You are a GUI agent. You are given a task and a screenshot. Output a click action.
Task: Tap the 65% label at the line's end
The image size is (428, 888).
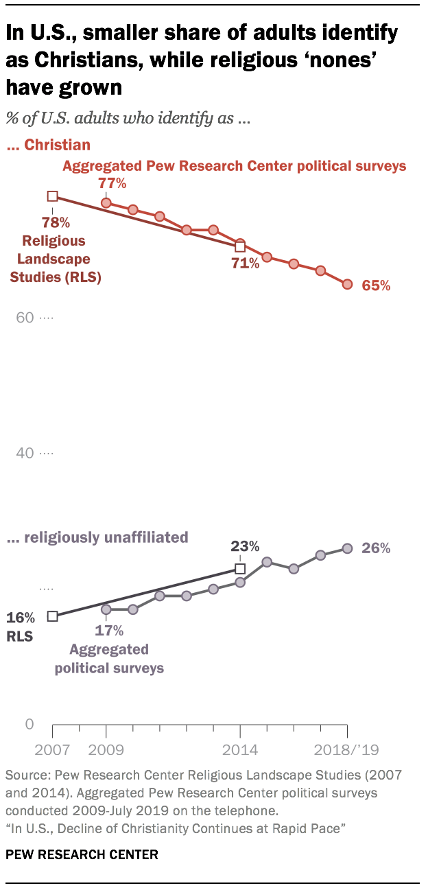coord(376,285)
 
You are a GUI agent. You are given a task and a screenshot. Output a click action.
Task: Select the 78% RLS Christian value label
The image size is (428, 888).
coord(55,222)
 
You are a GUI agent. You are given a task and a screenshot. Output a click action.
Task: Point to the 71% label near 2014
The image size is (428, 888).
coord(245,263)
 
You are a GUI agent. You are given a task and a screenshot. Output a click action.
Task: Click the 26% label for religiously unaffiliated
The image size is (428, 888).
coord(376,548)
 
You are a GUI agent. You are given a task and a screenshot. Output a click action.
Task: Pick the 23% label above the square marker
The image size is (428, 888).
coord(245,547)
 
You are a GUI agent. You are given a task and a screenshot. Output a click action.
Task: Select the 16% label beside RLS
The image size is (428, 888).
coord(21,617)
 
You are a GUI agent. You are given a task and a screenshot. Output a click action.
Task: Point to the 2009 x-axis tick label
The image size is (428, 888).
coord(106,749)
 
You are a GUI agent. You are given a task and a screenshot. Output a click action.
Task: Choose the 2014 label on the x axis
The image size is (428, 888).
coord(239,749)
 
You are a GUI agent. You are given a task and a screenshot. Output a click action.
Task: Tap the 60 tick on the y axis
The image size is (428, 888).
coord(25,318)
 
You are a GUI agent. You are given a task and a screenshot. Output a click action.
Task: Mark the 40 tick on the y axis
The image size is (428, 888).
coord(25,454)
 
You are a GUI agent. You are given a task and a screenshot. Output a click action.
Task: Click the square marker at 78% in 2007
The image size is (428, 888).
coord(52,196)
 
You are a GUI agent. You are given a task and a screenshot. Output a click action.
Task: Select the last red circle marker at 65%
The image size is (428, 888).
coord(347,284)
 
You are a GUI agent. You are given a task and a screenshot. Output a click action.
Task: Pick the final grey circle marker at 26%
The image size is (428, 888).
coord(347,548)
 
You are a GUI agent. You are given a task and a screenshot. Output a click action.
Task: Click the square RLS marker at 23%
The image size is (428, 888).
coord(240,569)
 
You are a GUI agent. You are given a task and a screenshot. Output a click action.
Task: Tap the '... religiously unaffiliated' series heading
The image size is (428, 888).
coord(97,537)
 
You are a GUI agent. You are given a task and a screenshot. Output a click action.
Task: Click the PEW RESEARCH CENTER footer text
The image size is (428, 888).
coord(82,855)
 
